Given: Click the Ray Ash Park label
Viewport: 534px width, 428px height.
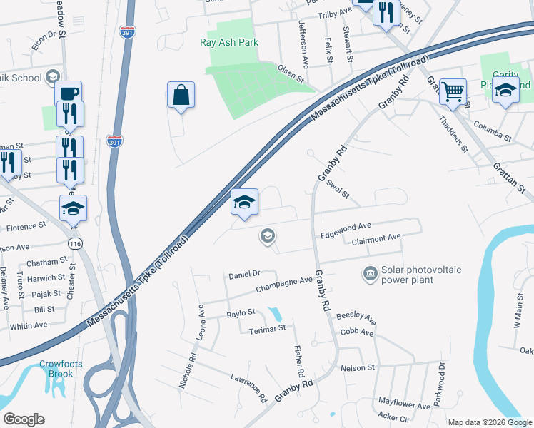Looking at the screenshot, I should (x=228, y=43).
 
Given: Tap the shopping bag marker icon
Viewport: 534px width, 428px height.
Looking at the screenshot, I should (x=181, y=95).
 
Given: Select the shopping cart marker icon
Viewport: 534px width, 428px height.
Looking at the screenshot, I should (x=453, y=91).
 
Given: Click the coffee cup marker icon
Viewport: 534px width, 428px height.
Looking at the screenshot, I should (x=68, y=93).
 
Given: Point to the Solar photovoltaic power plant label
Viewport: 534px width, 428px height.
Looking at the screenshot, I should (x=421, y=275).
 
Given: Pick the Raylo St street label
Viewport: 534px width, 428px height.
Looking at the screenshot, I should (x=241, y=312).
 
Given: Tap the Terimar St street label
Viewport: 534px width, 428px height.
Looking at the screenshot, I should (x=266, y=328).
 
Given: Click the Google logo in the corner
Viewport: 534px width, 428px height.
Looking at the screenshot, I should (x=24, y=419).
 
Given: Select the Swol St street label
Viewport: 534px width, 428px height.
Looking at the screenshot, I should (x=338, y=190).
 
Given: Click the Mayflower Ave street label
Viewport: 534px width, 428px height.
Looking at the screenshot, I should (x=404, y=405).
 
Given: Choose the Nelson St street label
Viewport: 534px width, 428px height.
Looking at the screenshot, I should (x=358, y=367).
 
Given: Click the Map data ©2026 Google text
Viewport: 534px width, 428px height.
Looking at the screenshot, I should (x=490, y=422).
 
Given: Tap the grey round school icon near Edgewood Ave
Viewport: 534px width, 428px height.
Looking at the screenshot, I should (x=268, y=235).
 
